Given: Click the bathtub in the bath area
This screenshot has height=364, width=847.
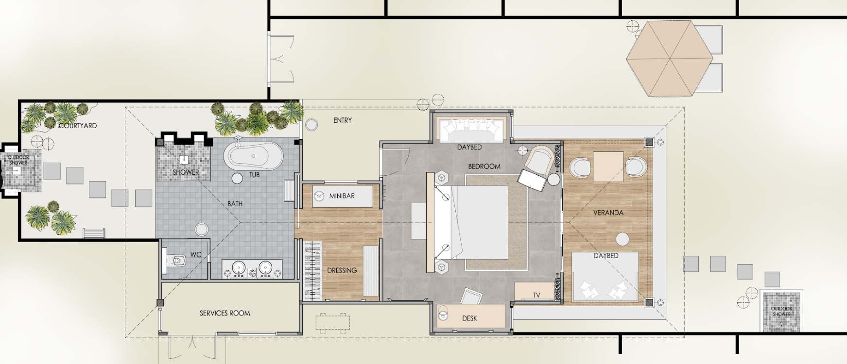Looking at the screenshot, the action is coord(253,156).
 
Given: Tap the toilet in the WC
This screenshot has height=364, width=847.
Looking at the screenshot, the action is coord(175,261).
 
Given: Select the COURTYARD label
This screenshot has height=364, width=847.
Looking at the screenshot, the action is coord(78,125).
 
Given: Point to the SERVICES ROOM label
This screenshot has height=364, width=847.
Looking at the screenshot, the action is coord(225,313).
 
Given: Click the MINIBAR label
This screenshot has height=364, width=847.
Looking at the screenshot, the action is coord(342,196).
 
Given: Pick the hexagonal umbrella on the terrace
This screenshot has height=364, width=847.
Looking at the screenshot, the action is coord(669,59).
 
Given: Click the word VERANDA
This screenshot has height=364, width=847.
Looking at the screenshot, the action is coord(608,213).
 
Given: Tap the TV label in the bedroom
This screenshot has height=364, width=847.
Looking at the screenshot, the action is coord(536,295).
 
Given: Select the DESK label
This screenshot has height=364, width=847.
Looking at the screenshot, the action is coord(469,318).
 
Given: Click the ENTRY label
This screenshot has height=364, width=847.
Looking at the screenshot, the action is coord(343,120).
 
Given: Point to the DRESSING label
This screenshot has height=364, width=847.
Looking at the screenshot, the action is coord(342,270).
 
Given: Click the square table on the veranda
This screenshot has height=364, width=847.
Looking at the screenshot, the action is coord(608,167).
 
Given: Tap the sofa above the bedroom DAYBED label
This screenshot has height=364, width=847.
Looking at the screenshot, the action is coord(470,130).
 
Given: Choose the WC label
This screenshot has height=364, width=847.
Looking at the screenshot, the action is coord(196,254).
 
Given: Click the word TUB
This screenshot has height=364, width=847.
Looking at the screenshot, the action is coord(254,175).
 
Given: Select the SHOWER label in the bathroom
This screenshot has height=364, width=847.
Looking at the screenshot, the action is coord(186,172).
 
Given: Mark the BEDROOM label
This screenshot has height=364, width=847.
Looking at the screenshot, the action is coord(484,166).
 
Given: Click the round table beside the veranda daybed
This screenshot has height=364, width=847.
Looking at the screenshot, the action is coord(622,239).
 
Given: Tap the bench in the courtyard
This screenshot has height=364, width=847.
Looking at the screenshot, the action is coord(94,233).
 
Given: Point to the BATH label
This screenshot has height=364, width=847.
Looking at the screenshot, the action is coord(235,204).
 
